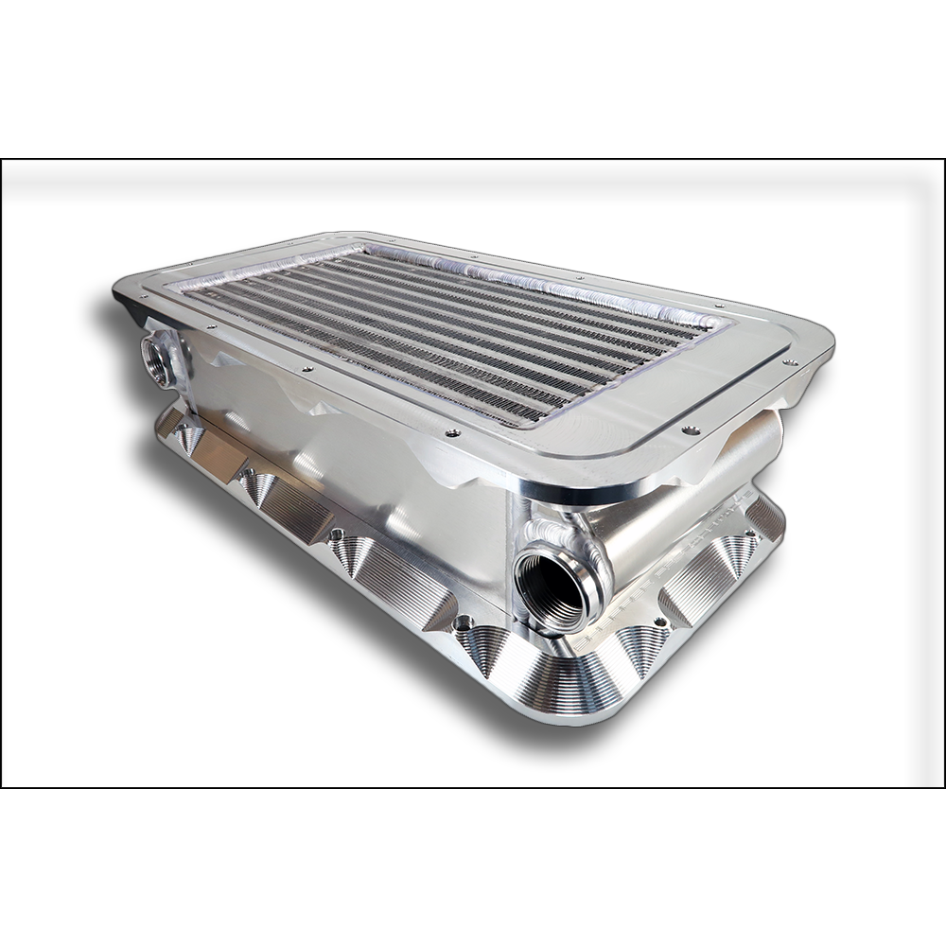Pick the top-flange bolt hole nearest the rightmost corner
pyautogui.click(x=793, y=362)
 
